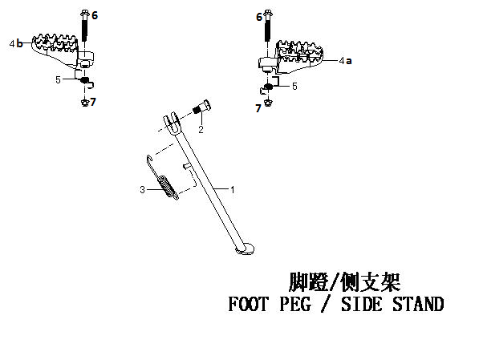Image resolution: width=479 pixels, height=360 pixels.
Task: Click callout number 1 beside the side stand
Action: click(x=233, y=190)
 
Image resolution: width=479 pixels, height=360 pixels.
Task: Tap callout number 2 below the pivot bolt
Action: click(x=201, y=129)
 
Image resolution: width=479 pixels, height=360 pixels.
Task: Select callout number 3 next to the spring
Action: click(x=142, y=190)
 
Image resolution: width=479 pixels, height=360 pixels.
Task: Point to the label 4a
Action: click(x=346, y=61)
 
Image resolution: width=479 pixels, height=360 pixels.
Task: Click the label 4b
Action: click(x=16, y=43)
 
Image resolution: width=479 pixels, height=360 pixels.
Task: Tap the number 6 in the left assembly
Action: click(x=95, y=15)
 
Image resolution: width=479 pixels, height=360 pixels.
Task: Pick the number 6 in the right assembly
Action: click(x=259, y=17)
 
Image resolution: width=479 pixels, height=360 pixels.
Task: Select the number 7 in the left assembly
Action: click(x=93, y=102)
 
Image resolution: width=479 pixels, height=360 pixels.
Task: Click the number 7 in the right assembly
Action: click(x=258, y=108)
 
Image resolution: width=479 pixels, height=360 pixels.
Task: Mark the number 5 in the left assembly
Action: click(x=58, y=80)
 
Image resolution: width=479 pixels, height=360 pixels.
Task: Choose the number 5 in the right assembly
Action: click(x=294, y=87)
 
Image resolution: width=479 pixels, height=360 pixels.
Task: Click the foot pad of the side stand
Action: click(x=245, y=249)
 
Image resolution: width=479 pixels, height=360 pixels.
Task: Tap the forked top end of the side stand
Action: click(x=173, y=123)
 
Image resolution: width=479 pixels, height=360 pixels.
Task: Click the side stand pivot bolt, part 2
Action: click(x=202, y=107)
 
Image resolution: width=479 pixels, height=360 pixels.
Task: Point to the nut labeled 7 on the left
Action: click(x=85, y=103)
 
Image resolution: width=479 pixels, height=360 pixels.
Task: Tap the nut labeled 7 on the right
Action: click(x=268, y=102)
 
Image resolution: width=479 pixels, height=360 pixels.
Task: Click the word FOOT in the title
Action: click(x=248, y=304)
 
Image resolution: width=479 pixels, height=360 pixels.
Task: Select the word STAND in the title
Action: click(x=418, y=304)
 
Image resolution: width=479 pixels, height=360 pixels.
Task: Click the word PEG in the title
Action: click(x=295, y=304)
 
